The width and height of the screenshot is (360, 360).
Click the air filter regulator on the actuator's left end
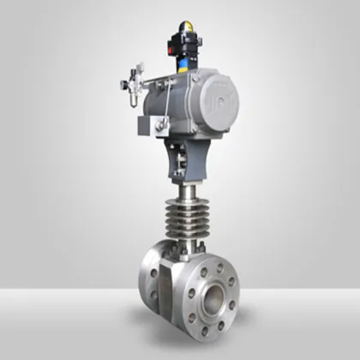[133, 87]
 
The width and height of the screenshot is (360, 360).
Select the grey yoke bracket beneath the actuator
[187, 156]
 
